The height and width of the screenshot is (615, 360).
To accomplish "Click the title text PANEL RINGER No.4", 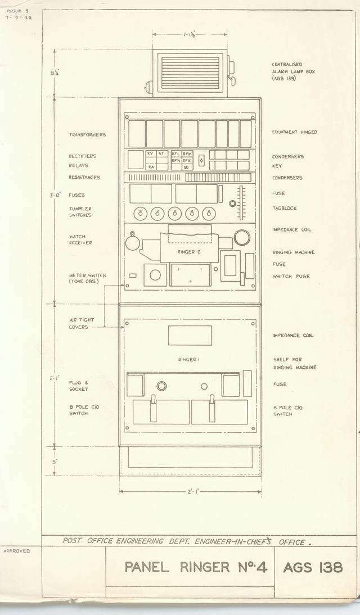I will pyautogui.click(x=195, y=567).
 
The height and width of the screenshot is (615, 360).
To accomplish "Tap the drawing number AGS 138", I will pyautogui.click(x=313, y=567).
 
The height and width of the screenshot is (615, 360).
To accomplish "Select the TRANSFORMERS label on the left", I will pyautogui.click(x=87, y=135).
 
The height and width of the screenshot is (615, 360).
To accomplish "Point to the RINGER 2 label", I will pyautogui.click(x=189, y=252).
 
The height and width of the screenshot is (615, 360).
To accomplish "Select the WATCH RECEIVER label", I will pyautogui.click(x=80, y=239).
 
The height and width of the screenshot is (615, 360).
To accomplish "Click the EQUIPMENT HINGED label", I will pyautogui.click(x=294, y=132).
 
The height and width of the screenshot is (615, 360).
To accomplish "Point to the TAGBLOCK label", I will pyautogui.click(x=285, y=208).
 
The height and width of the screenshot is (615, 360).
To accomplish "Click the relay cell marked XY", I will pyautogui.click(x=150, y=153).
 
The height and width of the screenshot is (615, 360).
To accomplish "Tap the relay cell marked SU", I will pyautogui.click(x=187, y=167).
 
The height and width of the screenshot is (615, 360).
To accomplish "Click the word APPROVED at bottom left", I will pyautogui.click(x=16, y=551).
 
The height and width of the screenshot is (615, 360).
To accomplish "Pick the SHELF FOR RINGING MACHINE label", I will pyautogui.click(x=295, y=363).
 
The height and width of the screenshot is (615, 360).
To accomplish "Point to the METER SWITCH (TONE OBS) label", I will pyautogui.click(x=87, y=278).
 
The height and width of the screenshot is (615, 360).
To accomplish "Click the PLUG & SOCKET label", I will pyautogui.click(x=78, y=386).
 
